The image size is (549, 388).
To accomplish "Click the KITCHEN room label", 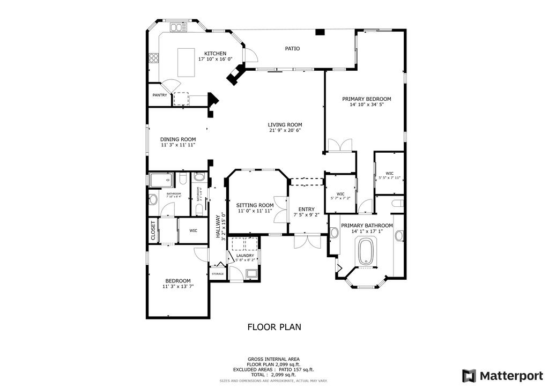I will point(215,53).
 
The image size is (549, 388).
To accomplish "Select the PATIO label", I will point(292,48).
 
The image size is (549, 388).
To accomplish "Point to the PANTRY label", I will point(160,95).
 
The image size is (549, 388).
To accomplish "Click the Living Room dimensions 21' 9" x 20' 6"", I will point(285,130).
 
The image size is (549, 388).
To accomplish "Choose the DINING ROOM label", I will point(177,139).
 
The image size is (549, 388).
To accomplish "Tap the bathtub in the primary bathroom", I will point(367,251).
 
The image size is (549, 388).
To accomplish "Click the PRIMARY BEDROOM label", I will point(367,99).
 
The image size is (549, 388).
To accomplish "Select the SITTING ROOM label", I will point(255,205).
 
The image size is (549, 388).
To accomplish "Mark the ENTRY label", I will point(306,209).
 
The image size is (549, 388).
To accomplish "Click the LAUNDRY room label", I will point(244,256).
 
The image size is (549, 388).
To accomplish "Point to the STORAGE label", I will point(217,274).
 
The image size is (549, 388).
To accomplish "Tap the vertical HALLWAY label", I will point(218,227).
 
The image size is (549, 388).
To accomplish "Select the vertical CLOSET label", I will point(153,230).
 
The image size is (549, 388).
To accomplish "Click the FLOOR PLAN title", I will point(274,326).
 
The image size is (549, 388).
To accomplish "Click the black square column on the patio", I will point(320,32).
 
